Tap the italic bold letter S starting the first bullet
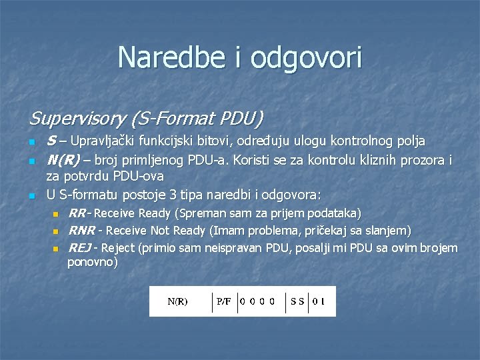[51, 141]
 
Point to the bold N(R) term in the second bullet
[63, 160]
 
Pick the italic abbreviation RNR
[81, 231]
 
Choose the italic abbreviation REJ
[79, 248]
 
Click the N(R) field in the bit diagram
[177, 301]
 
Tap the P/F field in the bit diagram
[224, 301]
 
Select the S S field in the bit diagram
[297, 301]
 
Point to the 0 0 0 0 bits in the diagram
[258, 301]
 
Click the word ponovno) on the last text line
[93, 263]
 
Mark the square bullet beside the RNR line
[56, 231]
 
